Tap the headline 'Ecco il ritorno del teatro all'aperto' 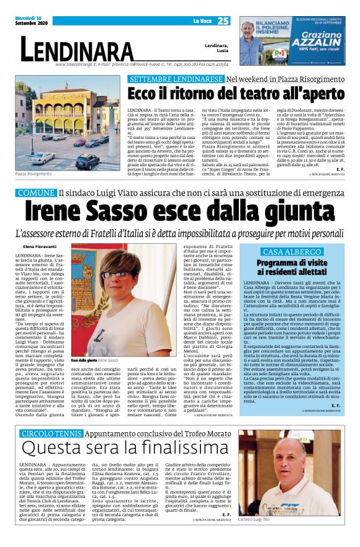[x=232, y=94]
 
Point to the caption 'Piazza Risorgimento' [x=35, y=176]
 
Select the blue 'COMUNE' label [x=37, y=193]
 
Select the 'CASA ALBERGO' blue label [x=292, y=252]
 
